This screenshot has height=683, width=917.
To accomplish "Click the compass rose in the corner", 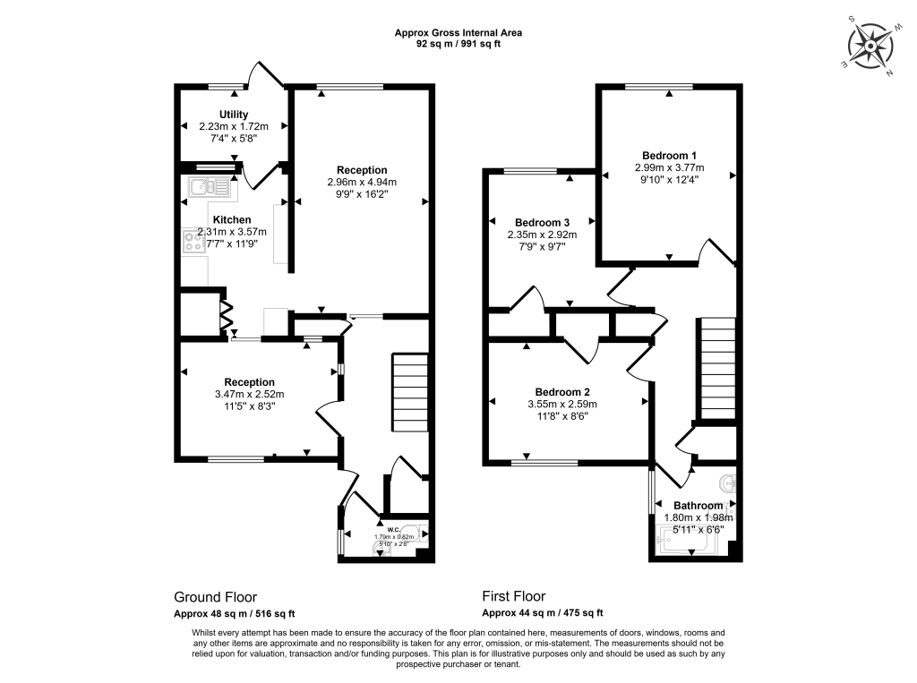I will (x=870, y=46).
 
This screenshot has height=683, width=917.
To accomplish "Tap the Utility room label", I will (x=234, y=115).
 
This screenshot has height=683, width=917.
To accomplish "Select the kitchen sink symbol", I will (x=210, y=186).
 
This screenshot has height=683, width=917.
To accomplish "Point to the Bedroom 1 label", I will (x=669, y=155).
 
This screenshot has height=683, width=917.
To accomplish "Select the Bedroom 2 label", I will (x=562, y=392).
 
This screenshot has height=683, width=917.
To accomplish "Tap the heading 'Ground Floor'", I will (x=215, y=597).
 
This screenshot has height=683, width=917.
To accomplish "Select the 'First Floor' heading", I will (x=513, y=597).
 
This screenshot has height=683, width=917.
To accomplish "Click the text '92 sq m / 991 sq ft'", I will (x=458, y=44).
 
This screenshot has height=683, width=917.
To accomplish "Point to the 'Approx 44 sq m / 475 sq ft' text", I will (x=543, y=613).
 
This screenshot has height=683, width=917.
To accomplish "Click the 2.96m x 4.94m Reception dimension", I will (x=362, y=182).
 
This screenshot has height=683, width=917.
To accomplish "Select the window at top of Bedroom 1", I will (x=659, y=87).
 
